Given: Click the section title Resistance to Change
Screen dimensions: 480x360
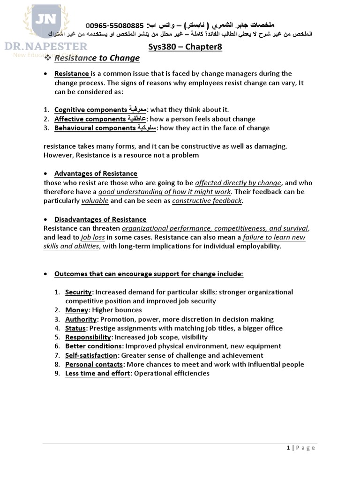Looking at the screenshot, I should (97, 58).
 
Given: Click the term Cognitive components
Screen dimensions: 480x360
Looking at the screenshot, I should (90, 110).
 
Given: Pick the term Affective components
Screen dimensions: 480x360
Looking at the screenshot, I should (90, 119).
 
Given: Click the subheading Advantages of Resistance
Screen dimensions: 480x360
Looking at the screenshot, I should (96, 173).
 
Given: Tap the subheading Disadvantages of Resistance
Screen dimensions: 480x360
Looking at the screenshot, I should (100, 219).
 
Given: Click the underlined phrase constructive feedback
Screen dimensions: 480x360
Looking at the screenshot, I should (207, 201).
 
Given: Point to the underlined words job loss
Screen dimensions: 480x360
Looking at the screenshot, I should (92, 237).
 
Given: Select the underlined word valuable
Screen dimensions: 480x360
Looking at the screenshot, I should (95, 201).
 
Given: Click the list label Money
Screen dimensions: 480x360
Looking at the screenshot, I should (76, 310).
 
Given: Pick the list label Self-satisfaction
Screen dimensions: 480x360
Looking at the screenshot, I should (91, 355).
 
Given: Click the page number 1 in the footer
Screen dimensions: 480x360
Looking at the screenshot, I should (288, 448).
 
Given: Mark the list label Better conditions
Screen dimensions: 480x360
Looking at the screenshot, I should (94, 346).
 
